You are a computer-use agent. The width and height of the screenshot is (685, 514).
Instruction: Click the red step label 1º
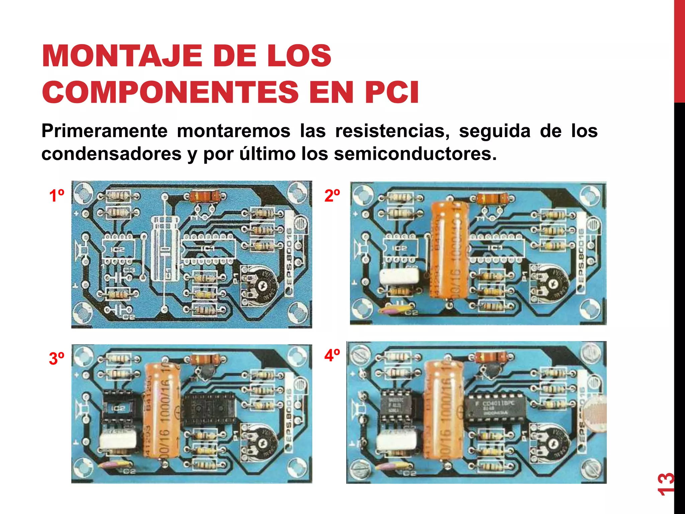tap(57, 195)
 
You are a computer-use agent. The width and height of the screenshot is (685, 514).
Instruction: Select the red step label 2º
tap(332, 195)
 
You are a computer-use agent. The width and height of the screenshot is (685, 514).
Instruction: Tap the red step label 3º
tap(57, 358)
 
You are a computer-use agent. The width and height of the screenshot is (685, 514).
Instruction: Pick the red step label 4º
tap(332, 355)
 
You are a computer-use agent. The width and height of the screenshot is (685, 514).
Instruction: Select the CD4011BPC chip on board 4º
tap(494, 407)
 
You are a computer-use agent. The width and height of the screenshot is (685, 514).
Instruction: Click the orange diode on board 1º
tap(204, 196)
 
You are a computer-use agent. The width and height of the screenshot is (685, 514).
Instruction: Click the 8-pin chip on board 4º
tap(397, 406)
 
